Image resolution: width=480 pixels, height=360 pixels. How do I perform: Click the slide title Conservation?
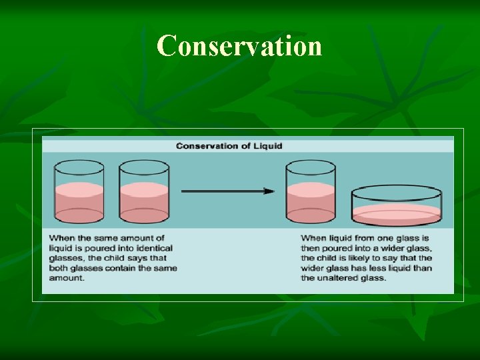coord(239,46)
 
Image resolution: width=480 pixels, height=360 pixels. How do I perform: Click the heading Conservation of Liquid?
coord(229,146)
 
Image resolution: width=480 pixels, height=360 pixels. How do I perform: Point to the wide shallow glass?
coord(396,206)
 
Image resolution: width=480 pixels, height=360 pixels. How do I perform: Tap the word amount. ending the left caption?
coord(67,278)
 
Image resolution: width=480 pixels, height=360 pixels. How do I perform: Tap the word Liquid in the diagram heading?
coord(267,146)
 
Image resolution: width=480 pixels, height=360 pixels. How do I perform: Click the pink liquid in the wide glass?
coord(396,214)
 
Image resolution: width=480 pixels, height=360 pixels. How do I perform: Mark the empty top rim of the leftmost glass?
coord(79,167)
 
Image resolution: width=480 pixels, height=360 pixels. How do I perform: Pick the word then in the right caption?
coord(310,248)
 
